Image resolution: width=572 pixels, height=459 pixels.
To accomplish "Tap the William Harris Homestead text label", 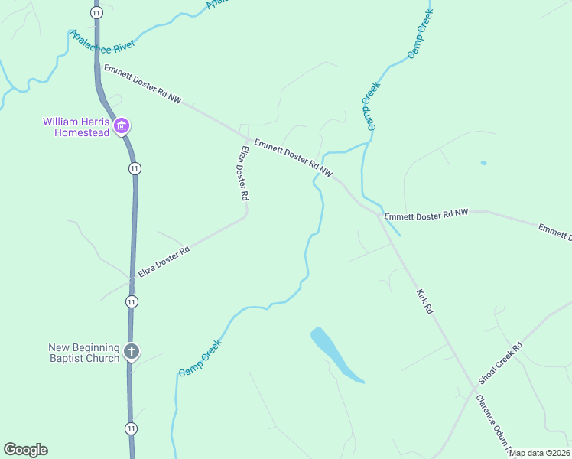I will (x=76, y=127).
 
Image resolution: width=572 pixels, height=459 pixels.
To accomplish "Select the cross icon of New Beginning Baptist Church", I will (x=132, y=352).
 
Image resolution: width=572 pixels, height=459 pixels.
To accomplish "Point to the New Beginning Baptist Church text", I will (x=84, y=353).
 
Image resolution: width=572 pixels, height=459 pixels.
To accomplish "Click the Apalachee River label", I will (x=102, y=42).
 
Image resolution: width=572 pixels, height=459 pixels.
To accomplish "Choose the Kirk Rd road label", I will (x=425, y=301).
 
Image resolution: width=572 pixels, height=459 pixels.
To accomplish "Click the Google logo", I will (x=25, y=450).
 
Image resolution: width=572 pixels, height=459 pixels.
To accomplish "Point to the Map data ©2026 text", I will (x=540, y=453).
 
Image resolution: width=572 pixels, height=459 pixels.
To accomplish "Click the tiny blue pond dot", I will (x=483, y=163).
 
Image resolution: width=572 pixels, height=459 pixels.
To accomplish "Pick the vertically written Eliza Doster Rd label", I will (x=242, y=174).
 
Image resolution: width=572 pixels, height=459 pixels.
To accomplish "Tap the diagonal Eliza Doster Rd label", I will (x=164, y=262).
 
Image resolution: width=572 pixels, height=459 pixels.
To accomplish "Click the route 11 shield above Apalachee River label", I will (x=96, y=13).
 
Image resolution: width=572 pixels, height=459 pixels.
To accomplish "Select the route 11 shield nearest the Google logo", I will (x=132, y=428).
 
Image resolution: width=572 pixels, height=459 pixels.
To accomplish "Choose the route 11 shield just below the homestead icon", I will (x=135, y=168).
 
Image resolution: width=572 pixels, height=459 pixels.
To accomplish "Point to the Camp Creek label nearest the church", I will (x=200, y=357).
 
